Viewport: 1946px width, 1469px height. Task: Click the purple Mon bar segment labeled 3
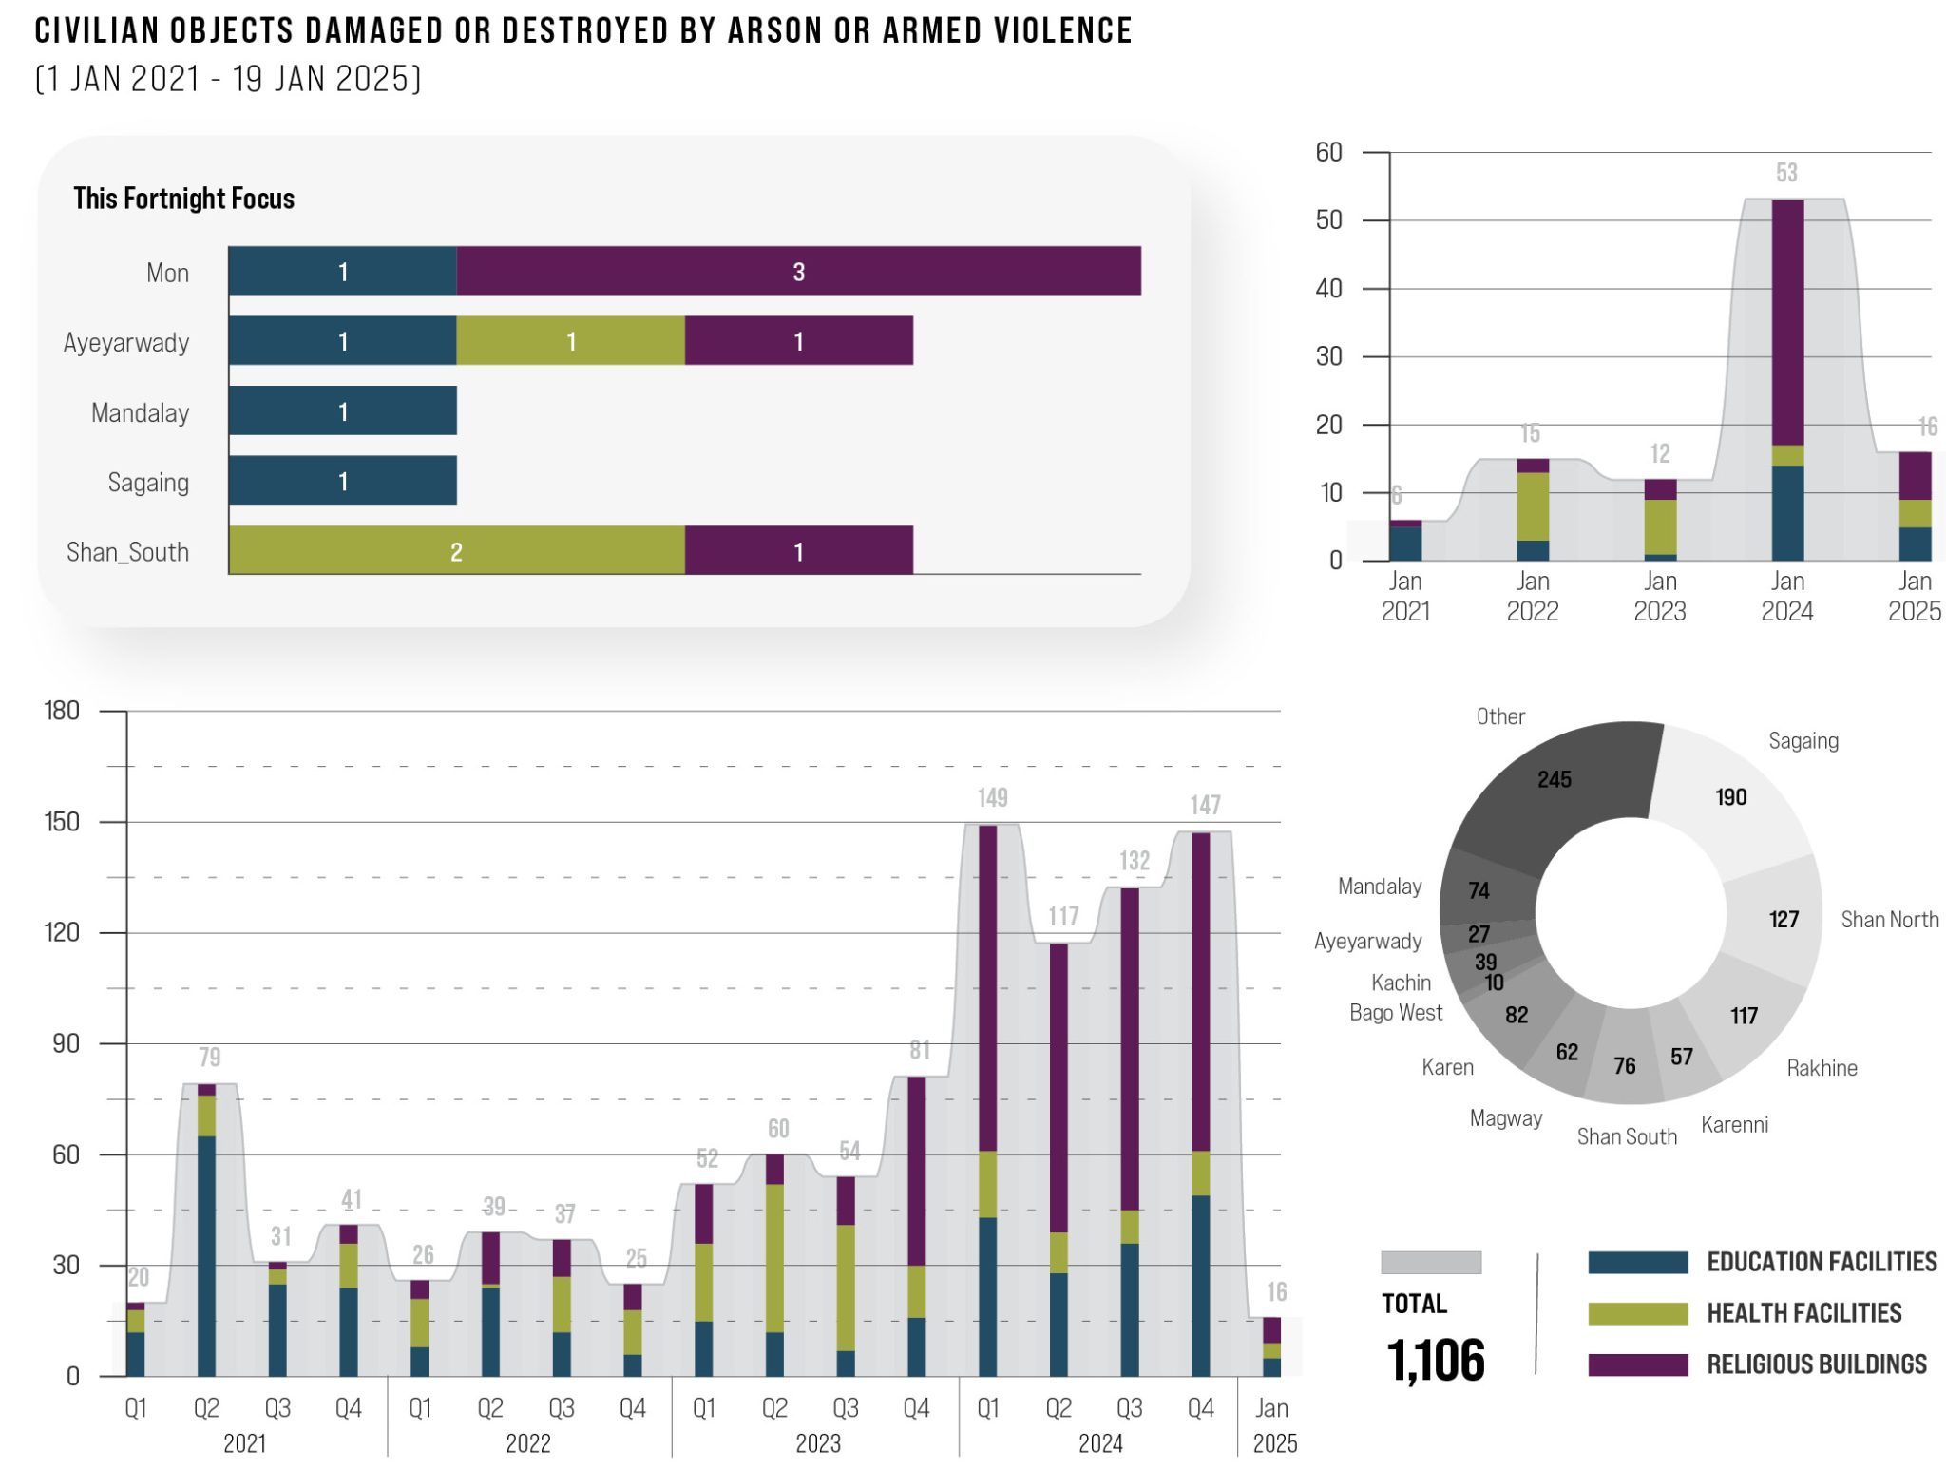pos(798,272)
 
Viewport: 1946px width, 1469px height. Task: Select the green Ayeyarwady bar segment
pos(570,341)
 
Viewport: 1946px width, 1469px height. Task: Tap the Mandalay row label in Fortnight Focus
pos(140,412)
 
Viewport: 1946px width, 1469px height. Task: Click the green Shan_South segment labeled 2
pos(456,551)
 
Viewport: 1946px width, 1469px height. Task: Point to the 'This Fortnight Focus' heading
pos(183,199)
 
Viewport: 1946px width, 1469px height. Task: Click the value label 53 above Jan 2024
pos(1786,173)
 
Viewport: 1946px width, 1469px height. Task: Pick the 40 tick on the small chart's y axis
pos(1328,289)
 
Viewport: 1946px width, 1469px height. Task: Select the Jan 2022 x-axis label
pos(1532,596)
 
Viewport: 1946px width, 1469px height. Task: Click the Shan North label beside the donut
pos(1889,920)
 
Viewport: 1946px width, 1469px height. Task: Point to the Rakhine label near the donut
pos(1822,1068)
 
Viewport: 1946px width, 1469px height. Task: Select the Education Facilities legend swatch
pos(1637,1262)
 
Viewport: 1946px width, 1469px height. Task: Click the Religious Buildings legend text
pos(1817,1364)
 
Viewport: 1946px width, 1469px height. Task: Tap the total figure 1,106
pos(1435,1360)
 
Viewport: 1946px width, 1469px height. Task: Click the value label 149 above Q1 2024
pos(993,797)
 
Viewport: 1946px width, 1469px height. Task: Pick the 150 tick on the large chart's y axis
pos(62,822)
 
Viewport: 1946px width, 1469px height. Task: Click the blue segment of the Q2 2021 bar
pos(206,1254)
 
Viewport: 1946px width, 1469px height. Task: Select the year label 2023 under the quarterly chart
pos(817,1443)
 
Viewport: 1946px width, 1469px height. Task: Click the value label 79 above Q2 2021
pos(209,1057)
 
